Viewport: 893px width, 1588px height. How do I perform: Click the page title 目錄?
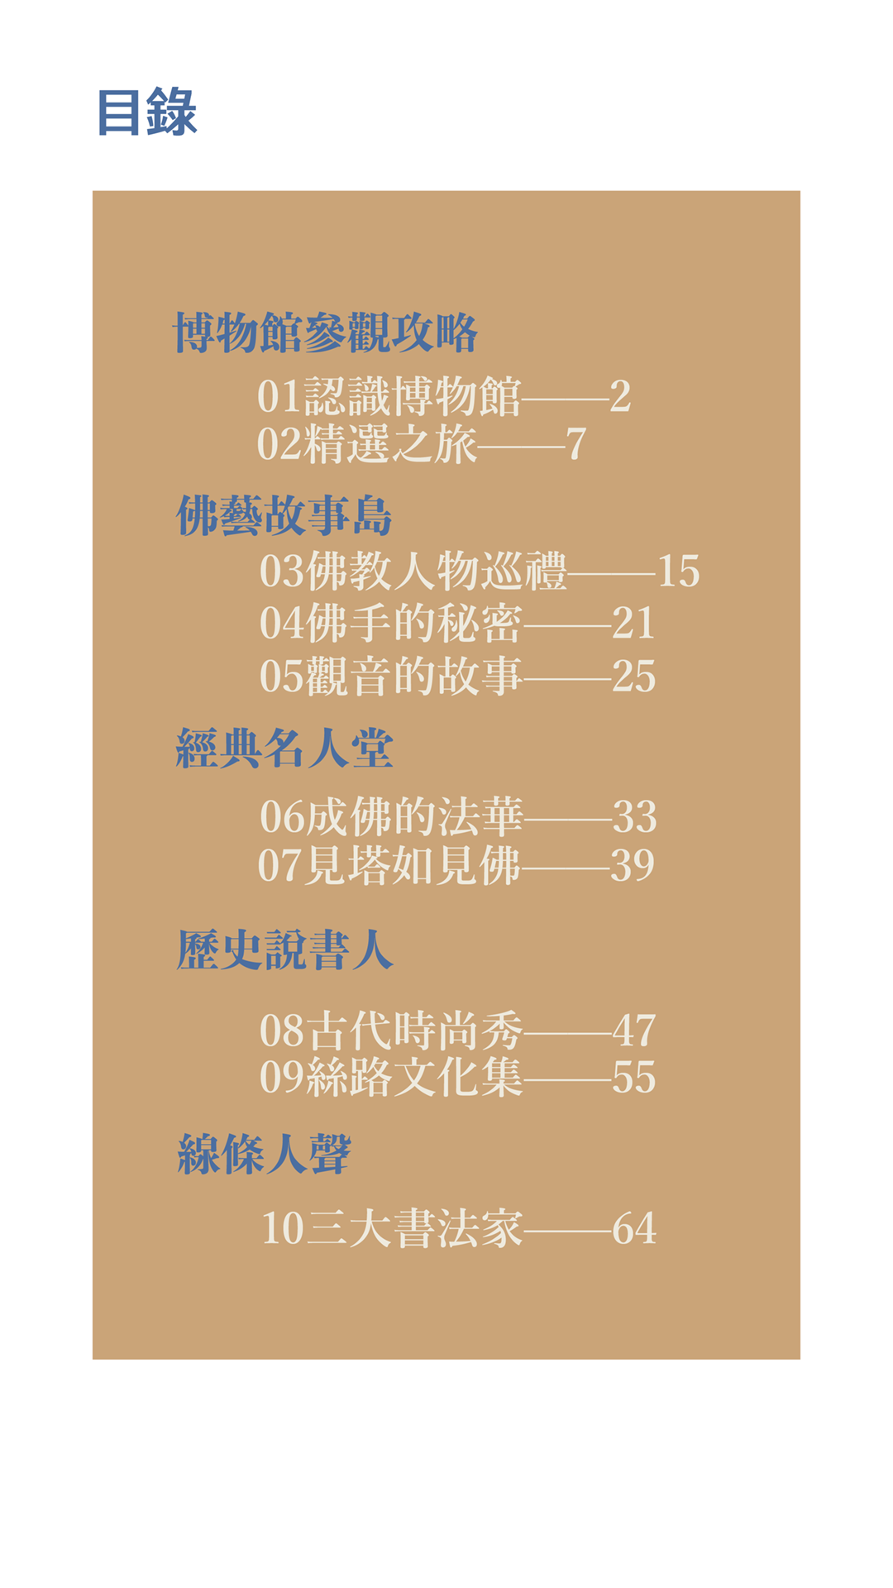point(147,112)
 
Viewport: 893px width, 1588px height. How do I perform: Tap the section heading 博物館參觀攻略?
point(325,333)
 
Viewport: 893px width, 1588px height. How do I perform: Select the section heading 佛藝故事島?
point(284,516)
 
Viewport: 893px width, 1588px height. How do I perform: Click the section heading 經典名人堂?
point(284,750)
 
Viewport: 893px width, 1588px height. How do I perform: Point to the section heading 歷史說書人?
point(284,949)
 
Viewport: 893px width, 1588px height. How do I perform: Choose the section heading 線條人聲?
point(264,1155)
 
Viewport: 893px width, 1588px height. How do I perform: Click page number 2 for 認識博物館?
point(620,397)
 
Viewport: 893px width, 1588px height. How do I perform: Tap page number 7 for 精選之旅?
point(576,445)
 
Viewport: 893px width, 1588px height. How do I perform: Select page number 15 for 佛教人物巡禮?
point(678,572)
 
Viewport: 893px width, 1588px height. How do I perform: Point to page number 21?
point(633,624)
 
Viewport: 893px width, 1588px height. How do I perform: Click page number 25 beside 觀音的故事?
point(633,677)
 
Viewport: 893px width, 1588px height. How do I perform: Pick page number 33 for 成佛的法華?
point(634,817)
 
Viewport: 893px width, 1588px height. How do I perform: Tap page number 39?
point(633,865)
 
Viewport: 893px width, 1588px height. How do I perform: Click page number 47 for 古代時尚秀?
point(634,1031)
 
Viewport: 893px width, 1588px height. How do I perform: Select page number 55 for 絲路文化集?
point(634,1078)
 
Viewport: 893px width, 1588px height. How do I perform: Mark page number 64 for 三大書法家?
point(634,1228)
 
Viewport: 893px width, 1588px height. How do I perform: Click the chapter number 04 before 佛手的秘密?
point(282,624)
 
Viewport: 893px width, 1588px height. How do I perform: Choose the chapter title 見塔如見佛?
point(412,865)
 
